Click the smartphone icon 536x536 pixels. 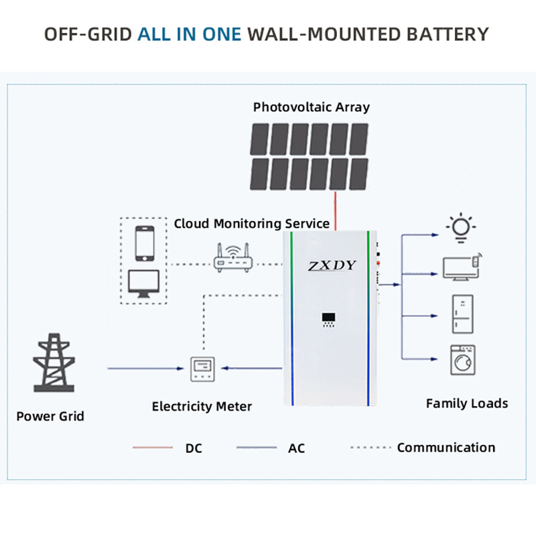click(145, 243)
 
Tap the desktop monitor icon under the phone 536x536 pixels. click(143, 283)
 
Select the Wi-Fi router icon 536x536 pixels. click(233, 258)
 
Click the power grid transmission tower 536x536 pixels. click(54, 362)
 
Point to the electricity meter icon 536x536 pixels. click(202, 369)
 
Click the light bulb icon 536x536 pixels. click(461, 227)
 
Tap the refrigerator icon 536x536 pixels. click(463, 314)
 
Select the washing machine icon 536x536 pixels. click(463, 360)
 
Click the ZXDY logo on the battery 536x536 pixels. click(332, 265)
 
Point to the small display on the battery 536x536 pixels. click(328, 320)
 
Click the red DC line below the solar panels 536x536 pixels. click(336, 210)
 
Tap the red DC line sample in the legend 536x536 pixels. click(153, 447)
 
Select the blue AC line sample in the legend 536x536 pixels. click(257, 447)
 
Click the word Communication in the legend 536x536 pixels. click(446, 448)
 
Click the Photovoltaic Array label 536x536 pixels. click(312, 107)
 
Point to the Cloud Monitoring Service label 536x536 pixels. click(252, 224)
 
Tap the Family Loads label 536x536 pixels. click(467, 403)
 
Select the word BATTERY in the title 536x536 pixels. click(448, 35)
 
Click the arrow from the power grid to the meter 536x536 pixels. click(146, 368)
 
